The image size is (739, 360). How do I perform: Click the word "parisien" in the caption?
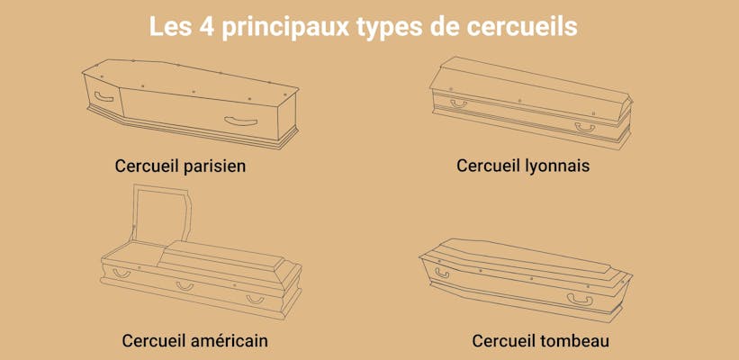[x=212, y=166]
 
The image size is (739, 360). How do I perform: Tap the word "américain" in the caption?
[x=228, y=341]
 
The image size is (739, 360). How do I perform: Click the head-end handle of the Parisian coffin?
[x=104, y=95]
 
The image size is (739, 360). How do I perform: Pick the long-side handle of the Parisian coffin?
[x=240, y=121]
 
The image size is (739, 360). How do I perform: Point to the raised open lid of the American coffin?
[x=162, y=216]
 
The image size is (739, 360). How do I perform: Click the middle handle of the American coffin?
[x=185, y=286]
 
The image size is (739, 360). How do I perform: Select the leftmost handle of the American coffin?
[x=121, y=272]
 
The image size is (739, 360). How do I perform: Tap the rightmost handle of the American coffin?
[x=256, y=299]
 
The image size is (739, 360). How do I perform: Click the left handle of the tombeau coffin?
[x=442, y=273]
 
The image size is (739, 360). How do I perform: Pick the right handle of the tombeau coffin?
[x=578, y=299]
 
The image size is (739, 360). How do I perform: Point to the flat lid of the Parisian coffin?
[x=194, y=78]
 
